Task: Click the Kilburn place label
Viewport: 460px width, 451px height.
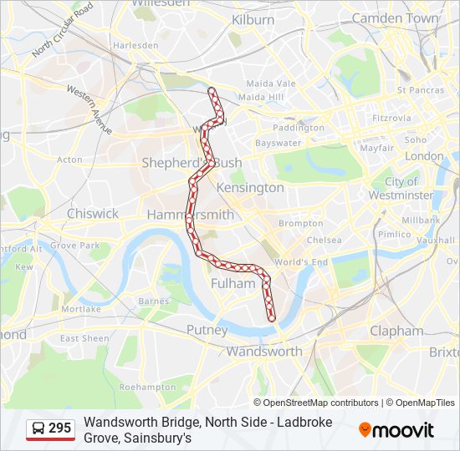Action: point(253,19)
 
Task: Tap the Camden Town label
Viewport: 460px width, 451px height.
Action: point(395,18)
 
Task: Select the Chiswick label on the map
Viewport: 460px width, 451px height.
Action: point(93,213)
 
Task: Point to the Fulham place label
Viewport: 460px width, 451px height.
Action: point(233,283)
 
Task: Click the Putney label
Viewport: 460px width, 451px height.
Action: point(207,330)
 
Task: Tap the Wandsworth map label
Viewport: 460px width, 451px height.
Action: point(264,351)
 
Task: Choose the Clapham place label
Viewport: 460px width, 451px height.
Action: point(396,331)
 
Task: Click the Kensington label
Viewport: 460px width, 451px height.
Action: point(250,188)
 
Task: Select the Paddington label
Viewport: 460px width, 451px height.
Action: point(298,128)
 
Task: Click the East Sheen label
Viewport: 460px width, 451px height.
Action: point(84,338)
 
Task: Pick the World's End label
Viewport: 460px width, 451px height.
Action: point(300,262)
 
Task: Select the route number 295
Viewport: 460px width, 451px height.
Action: point(59,428)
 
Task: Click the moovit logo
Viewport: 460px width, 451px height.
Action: point(396,430)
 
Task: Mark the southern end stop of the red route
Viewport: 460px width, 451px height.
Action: point(272,317)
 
